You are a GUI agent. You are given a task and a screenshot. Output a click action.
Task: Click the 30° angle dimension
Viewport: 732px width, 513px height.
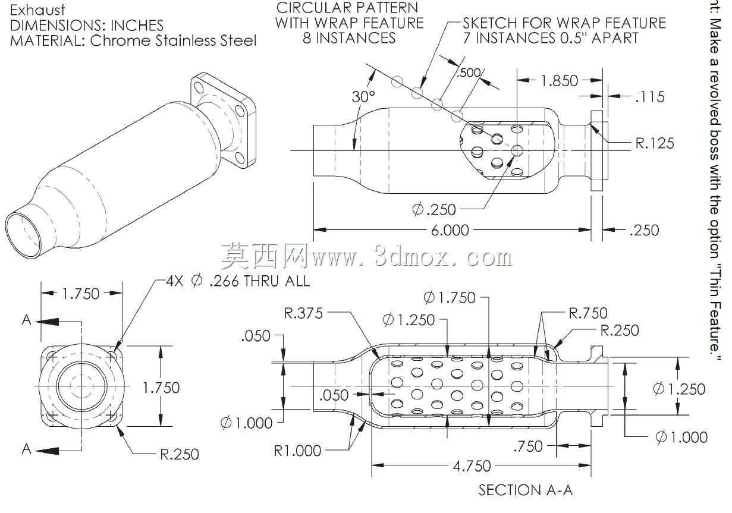tap(363, 97)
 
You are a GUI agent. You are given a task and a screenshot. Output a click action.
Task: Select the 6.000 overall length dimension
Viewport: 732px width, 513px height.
tap(450, 231)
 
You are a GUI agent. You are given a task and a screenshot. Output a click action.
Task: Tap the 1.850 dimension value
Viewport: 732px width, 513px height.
tap(560, 81)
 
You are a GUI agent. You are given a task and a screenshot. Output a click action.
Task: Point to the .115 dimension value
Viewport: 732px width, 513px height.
tap(650, 97)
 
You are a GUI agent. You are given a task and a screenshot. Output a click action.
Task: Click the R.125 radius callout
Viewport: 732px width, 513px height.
tap(655, 143)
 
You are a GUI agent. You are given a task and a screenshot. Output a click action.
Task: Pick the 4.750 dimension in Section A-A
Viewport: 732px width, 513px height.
tap(472, 466)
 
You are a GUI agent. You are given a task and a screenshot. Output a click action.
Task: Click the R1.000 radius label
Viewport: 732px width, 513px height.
tap(297, 451)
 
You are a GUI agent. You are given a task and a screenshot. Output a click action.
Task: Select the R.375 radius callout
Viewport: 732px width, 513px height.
tap(303, 313)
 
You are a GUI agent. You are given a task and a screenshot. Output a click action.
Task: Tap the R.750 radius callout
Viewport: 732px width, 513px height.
tap(588, 313)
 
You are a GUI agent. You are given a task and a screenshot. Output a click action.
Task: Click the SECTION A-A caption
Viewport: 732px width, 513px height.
tap(526, 490)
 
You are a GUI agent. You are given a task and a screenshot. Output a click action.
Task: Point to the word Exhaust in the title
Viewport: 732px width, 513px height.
tap(37, 11)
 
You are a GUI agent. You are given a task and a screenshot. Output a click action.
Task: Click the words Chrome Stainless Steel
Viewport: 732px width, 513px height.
tap(173, 40)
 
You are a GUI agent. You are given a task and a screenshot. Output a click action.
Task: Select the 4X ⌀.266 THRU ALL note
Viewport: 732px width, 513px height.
tap(238, 281)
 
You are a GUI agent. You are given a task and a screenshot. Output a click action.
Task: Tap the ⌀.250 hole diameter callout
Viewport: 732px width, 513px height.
tap(434, 209)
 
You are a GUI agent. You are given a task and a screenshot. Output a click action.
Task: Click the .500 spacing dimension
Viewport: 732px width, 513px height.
tap(469, 73)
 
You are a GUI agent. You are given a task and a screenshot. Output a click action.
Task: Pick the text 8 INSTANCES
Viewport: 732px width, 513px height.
tap(349, 38)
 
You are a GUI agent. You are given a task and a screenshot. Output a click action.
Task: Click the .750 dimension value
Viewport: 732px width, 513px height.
tap(528, 446)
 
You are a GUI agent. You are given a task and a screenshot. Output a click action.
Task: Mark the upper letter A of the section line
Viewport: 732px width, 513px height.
tap(27, 320)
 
